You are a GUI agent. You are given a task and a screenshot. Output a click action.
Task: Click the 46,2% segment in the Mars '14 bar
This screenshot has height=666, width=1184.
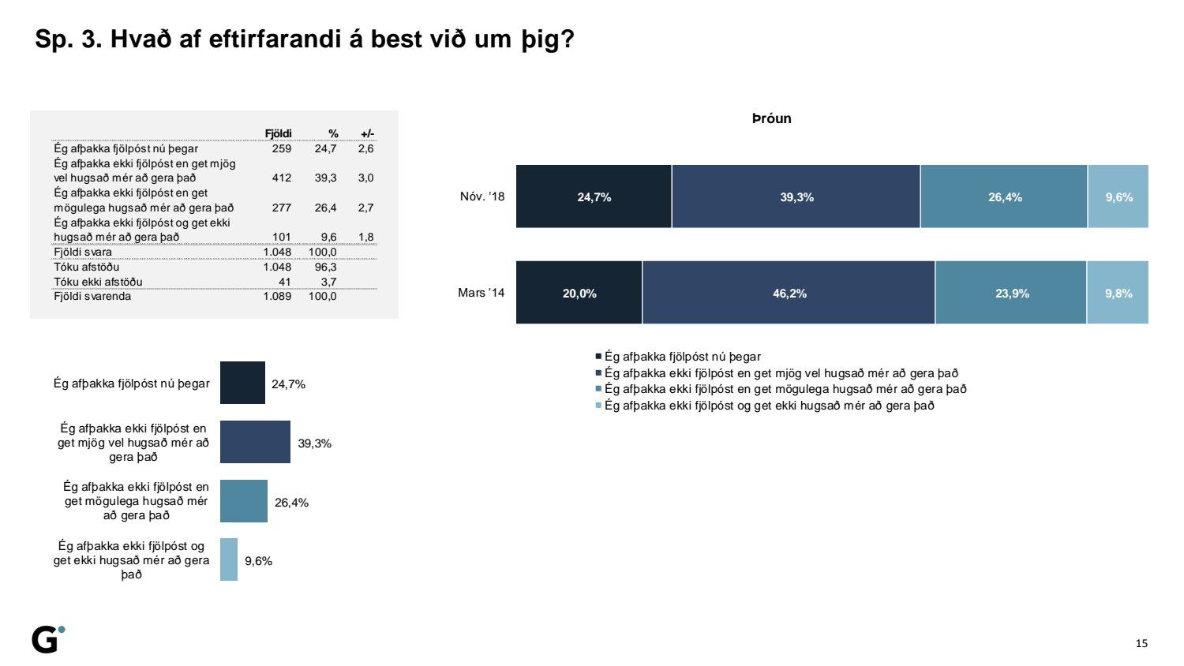[x=789, y=293]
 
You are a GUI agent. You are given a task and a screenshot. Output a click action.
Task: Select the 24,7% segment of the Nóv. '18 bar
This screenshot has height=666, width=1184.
[x=594, y=197]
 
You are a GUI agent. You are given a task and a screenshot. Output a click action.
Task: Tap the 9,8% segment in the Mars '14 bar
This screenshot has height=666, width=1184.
[x=1118, y=293]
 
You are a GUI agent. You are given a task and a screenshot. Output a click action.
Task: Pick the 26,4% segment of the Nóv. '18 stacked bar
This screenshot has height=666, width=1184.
[x=1004, y=197]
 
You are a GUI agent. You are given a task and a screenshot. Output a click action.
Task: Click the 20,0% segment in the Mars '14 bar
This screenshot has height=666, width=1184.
[x=579, y=293]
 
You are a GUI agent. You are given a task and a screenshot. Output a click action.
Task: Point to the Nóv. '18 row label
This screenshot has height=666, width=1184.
[x=481, y=196]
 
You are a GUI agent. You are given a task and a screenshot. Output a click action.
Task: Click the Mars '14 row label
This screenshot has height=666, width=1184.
[x=481, y=293]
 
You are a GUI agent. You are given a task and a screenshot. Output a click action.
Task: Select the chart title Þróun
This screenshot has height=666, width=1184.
[x=771, y=119]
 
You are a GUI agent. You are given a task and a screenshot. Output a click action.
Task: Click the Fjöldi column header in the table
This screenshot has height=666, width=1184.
[x=278, y=133]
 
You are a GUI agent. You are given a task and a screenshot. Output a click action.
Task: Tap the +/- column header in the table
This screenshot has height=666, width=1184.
[x=367, y=133]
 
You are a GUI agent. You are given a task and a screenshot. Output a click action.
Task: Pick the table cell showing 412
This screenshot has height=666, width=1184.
[x=281, y=178]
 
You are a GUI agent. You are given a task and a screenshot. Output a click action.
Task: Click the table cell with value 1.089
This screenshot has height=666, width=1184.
[x=277, y=297]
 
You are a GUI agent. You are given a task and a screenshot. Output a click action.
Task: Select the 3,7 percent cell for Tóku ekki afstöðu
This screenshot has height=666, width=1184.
[x=328, y=282]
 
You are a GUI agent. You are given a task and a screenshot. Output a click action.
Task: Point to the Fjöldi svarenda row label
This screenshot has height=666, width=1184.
[x=92, y=297]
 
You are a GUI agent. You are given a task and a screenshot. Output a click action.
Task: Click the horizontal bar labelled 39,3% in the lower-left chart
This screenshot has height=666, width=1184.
[x=255, y=442]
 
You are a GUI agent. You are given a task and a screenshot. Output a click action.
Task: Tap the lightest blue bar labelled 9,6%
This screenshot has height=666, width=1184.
[x=229, y=559]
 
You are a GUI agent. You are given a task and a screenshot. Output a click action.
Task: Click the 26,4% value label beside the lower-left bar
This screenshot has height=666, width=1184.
[x=291, y=503]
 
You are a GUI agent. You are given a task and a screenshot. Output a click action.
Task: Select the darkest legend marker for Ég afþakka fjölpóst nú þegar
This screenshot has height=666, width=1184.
[x=598, y=357]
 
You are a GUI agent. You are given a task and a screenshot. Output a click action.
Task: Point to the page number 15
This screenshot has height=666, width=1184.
[x=1141, y=643]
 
